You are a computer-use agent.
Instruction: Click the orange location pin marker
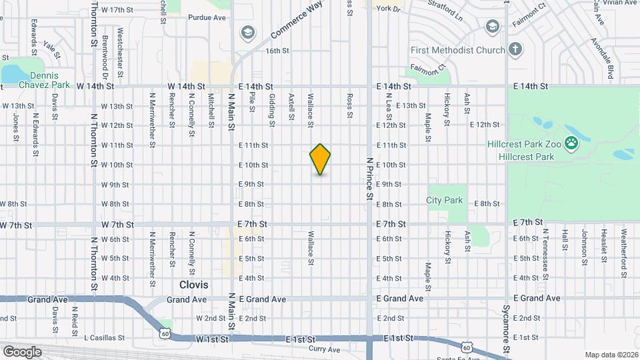coord(321,159)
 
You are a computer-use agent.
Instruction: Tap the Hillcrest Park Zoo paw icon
coord(571,142)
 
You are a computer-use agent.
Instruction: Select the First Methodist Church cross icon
coord(515,49)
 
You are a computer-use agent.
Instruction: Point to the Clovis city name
coord(193,285)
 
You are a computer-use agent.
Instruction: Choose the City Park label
coord(445,201)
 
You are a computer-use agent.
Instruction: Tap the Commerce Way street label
coord(297,20)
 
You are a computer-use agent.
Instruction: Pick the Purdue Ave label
coord(207,18)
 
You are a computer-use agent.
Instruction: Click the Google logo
coord(21,351)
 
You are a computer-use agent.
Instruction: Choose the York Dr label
coord(387,9)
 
